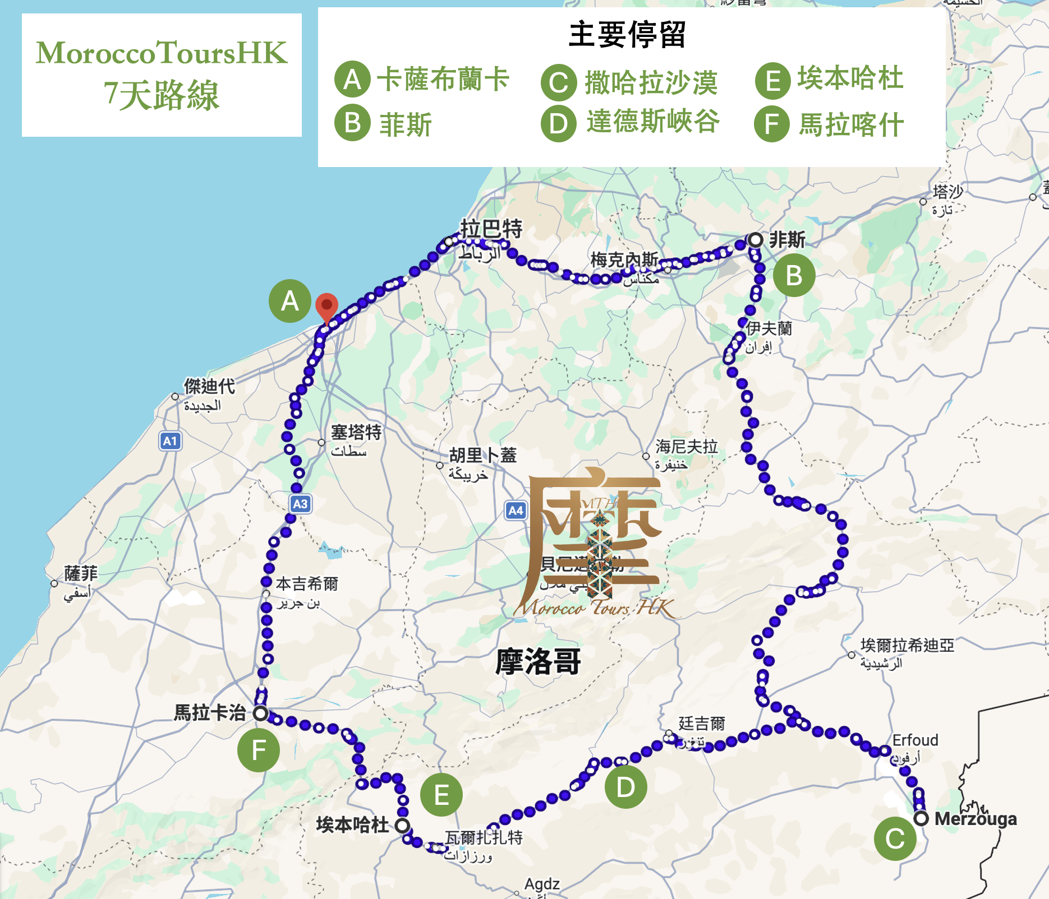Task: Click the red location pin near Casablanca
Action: (326, 306)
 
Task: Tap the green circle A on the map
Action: (289, 301)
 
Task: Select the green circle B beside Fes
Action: (794, 276)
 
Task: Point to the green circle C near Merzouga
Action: (895, 839)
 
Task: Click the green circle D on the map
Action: (625, 787)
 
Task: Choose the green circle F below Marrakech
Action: (259, 750)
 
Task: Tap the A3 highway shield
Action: (300, 503)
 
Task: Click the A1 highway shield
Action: (170, 441)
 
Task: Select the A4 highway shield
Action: (516, 510)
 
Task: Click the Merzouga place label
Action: (976, 819)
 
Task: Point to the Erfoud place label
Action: (915, 740)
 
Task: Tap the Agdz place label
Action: (542, 884)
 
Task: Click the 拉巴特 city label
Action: (491, 229)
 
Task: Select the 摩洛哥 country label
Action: (538, 661)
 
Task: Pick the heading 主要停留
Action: (627, 35)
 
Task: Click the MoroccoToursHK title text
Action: (162, 53)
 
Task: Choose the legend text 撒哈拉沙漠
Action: (651, 83)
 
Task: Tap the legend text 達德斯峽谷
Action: (653, 122)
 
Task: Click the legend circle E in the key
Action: (772, 81)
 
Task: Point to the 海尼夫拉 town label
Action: (687, 447)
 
